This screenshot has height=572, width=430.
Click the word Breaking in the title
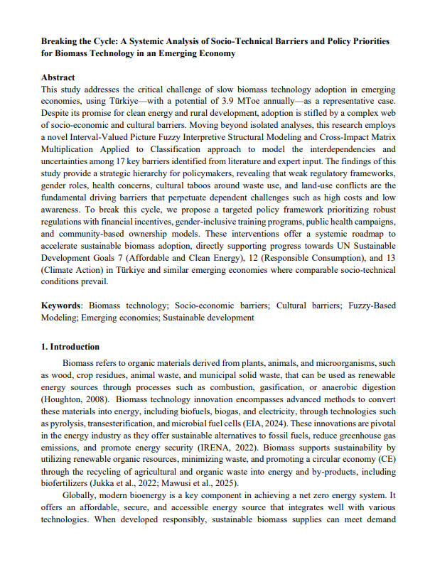pos(60,42)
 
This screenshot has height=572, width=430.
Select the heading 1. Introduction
pos(70,347)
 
